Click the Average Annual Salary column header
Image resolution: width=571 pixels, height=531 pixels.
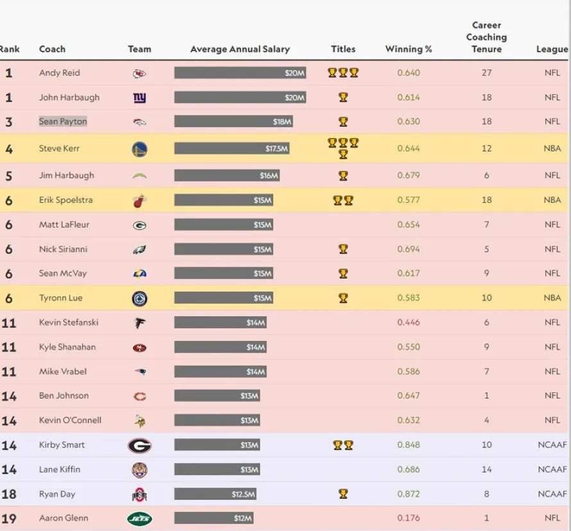coord(240,49)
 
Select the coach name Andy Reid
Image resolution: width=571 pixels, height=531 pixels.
coord(60,73)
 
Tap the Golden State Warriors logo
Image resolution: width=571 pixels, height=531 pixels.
coord(139,149)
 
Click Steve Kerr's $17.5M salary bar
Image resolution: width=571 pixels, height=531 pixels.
coord(232,148)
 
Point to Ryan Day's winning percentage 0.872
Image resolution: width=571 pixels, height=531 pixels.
coord(409,494)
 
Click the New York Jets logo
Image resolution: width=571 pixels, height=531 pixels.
coord(139,518)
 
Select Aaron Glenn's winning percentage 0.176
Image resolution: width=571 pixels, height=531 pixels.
coord(409,518)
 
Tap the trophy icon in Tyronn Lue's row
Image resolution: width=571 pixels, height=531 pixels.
coord(343,298)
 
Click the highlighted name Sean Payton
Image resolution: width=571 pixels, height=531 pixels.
coord(63,121)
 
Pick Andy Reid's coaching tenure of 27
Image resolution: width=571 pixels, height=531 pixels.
coord(486,73)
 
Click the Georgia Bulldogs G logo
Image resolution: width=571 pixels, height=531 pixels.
coord(139,445)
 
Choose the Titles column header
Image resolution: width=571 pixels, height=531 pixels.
coord(343,49)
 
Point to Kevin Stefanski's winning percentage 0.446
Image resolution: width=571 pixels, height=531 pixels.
coord(409,322)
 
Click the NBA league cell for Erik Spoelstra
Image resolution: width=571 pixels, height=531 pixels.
coord(552,200)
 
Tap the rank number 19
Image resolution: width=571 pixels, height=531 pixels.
coord(9,518)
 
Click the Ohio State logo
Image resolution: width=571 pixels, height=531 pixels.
coord(139,494)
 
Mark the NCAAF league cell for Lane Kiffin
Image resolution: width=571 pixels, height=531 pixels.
coord(552,469)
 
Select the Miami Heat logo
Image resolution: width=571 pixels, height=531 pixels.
coord(139,200)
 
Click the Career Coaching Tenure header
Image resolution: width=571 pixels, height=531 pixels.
coord(486,37)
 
